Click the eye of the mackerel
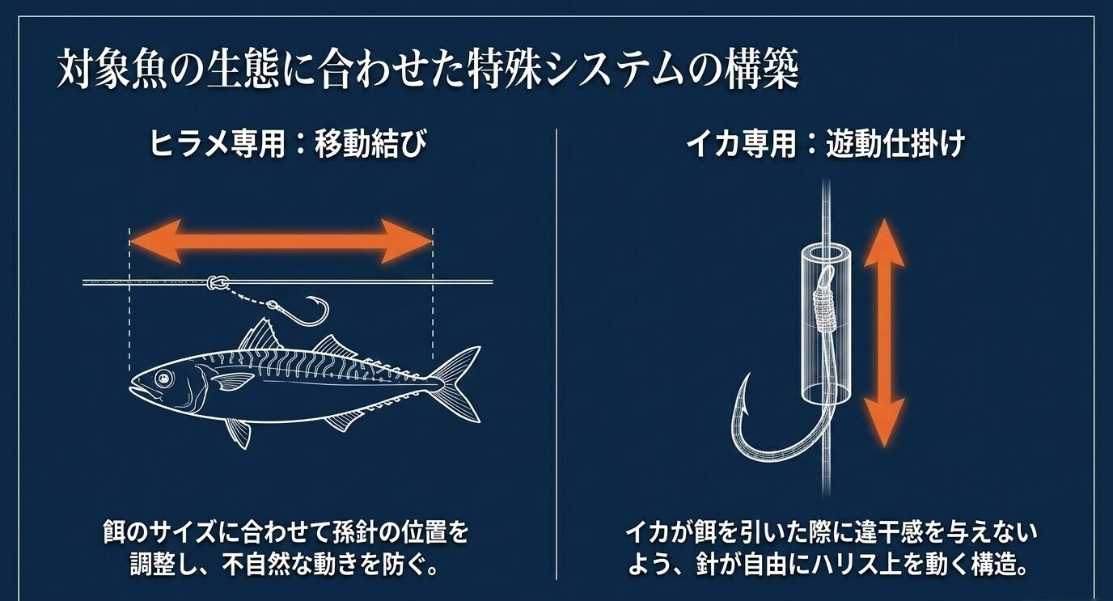(x=164, y=377)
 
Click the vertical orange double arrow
(x=883, y=332)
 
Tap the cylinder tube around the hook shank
(x=825, y=324)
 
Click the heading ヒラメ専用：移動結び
(x=286, y=146)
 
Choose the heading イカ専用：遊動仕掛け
(x=824, y=146)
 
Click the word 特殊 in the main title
(x=506, y=71)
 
